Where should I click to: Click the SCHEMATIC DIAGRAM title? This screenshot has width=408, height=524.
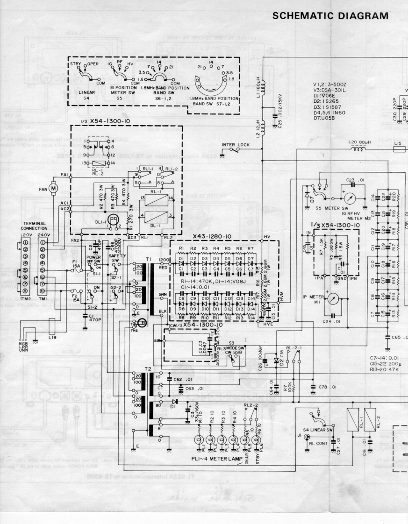tap(330, 15)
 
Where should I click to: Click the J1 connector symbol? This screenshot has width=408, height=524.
tap(307, 437)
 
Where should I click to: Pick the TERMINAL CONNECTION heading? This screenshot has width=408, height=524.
tap(36, 226)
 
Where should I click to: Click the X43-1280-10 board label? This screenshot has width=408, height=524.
tap(214, 236)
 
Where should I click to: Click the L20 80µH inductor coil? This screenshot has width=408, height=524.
tap(359, 150)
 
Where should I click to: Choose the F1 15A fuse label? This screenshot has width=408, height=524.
tap(74, 265)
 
